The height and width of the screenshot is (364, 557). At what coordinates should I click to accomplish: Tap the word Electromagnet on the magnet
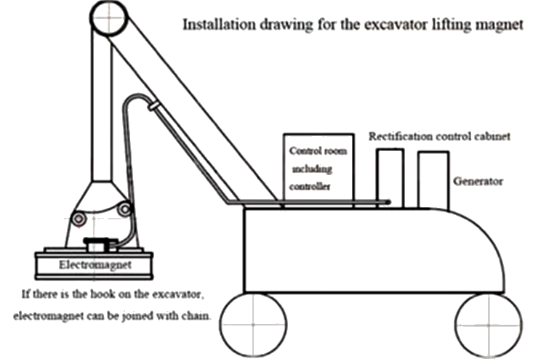[95, 265]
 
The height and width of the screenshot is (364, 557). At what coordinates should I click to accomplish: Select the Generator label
[478, 182]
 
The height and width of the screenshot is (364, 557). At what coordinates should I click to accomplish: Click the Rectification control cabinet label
[439, 137]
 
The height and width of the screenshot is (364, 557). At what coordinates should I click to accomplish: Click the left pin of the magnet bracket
[79, 219]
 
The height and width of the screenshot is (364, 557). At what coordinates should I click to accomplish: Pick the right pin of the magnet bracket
[124, 209]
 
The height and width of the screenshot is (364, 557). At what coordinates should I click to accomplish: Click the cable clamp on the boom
[153, 106]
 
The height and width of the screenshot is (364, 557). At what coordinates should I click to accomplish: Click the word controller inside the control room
[310, 187]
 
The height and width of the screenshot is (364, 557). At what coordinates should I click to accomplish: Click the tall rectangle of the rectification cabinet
[377, 178]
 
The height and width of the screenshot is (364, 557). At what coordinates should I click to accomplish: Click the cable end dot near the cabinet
[388, 202]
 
